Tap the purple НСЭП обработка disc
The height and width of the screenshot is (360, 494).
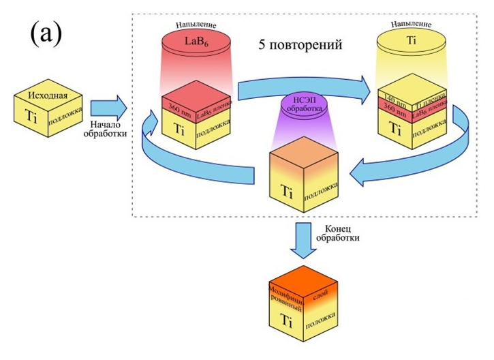[x=301, y=106]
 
